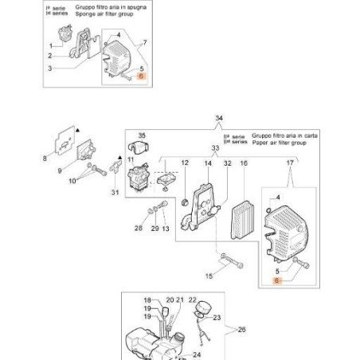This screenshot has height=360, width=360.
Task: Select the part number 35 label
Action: tap(143, 135)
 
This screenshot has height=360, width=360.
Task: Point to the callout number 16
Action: tap(244, 163)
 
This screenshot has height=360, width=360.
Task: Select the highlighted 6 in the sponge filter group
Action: tap(141, 76)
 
